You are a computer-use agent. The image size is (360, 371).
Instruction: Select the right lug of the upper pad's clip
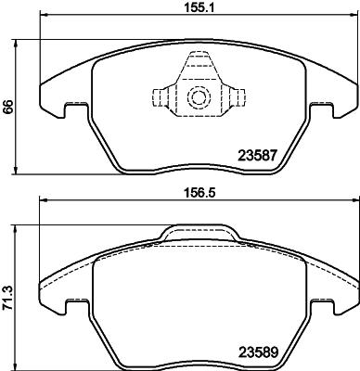point(235,97)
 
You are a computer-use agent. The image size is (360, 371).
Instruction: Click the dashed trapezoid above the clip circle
point(197,68)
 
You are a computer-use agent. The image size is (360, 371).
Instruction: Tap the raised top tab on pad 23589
point(197,233)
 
